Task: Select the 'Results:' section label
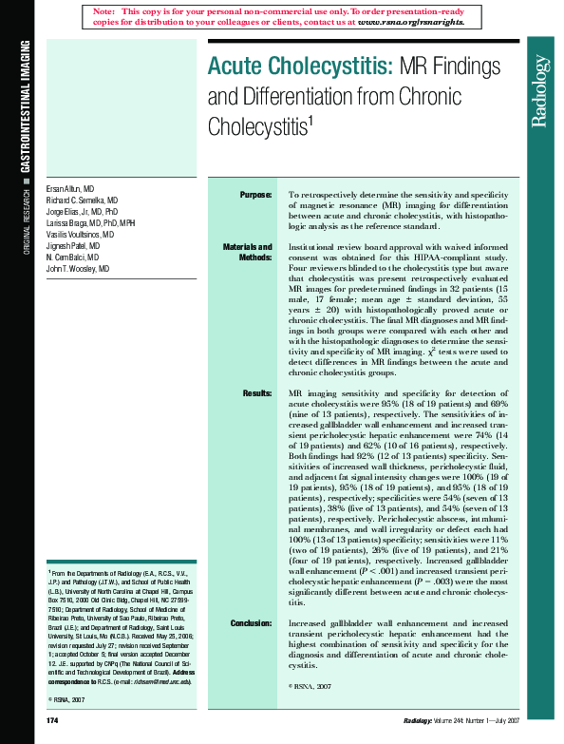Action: [257, 393]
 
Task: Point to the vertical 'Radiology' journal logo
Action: [539, 91]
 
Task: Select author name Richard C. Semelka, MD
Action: [82, 201]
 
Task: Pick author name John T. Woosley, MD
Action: [78, 269]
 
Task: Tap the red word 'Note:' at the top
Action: [104, 10]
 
